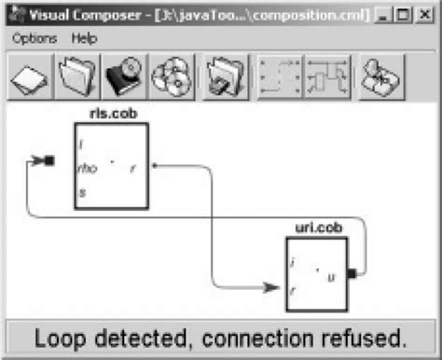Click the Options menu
click(x=35, y=38)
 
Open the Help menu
click(x=84, y=38)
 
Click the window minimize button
click(x=385, y=15)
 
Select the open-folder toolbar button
click(x=76, y=76)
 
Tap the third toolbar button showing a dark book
click(x=123, y=76)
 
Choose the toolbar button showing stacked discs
click(x=171, y=76)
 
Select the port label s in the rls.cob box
click(x=83, y=191)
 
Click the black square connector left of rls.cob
click(x=49, y=161)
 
